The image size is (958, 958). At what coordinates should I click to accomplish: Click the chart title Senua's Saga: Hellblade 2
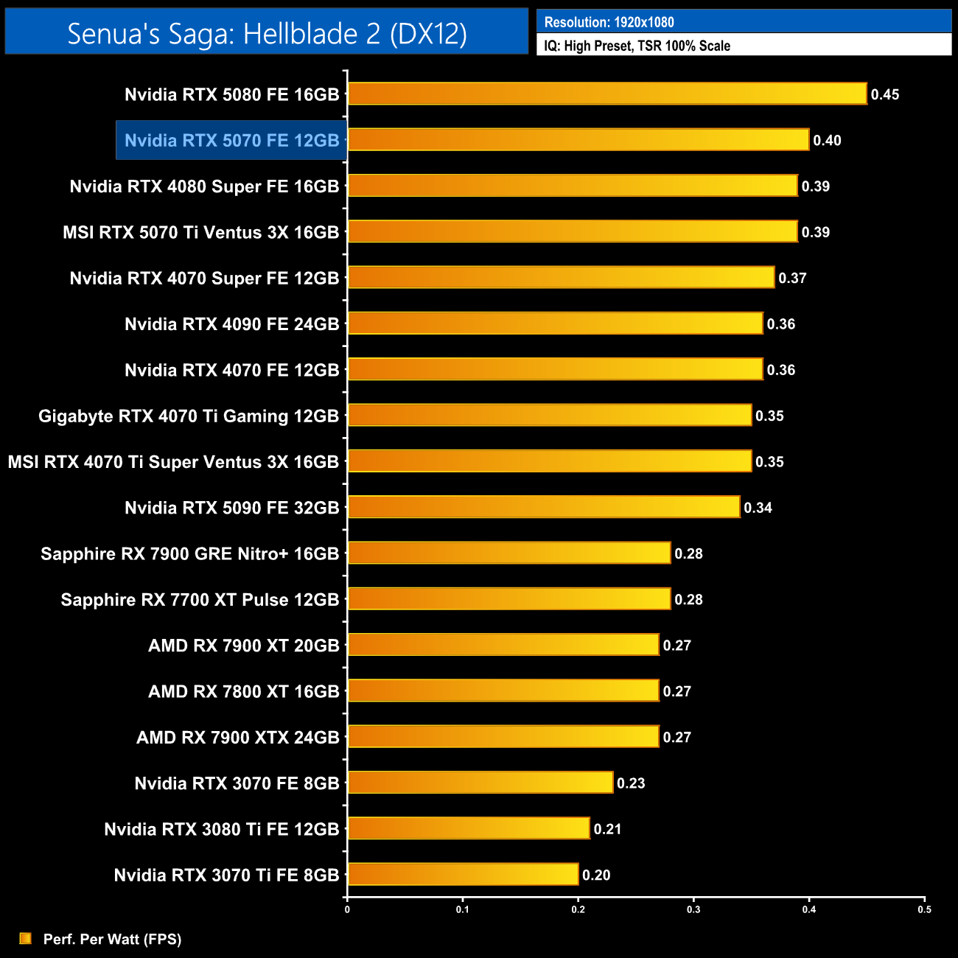pyautogui.click(x=267, y=33)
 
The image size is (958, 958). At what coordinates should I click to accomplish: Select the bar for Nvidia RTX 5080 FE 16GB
pyautogui.click(x=607, y=94)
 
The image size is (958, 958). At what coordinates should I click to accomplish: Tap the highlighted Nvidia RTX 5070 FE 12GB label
pyautogui.click(x=231, y=140)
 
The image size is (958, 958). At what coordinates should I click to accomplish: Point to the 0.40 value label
pyautogui.click(x=827, y=140)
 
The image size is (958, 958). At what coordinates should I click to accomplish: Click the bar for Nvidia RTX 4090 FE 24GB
pyautogui.click(x=555, y=324)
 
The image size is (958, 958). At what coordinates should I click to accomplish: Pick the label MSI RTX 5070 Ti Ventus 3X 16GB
pyautogui.click(x=200, y=232)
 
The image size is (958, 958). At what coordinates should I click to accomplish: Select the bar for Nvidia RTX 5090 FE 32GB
pyautogui.click(x=544, y=507)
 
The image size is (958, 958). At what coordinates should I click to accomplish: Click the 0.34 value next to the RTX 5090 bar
pyautogui.click(x=758, y=508)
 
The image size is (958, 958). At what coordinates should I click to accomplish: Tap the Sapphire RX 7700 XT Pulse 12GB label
pyautogui.click(x=200, y=600)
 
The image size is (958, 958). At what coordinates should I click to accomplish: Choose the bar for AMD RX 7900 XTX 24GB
pyautogui.click(x=503, y=736)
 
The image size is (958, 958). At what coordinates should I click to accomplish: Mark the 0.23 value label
pyautogui.click(x=631, y=783)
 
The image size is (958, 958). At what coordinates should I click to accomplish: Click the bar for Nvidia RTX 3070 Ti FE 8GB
pyautogui.click(x=463, y=874)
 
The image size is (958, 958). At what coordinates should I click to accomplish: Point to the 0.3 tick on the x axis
pyautogui.click(x=693, y=909)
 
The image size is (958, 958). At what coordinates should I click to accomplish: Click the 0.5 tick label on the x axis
pyautogui.click(x=924, y=909)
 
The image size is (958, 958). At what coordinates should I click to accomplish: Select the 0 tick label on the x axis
pyautogui.click(x=347, y=909)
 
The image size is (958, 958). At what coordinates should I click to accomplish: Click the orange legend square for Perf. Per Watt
pyautogui.click(x=26, y=938)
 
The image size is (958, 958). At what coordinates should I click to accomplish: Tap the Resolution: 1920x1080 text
pyautogui.click(x=609, y=22)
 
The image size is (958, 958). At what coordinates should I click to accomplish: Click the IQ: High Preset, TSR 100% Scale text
pyautogui.click(x=637, y=46)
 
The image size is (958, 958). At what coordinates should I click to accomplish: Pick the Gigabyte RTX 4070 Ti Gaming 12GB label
pyautogui.click(x=189, y=416)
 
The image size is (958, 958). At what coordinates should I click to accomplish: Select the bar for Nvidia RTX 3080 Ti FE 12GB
pyautogui.click(x=469, y=828)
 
